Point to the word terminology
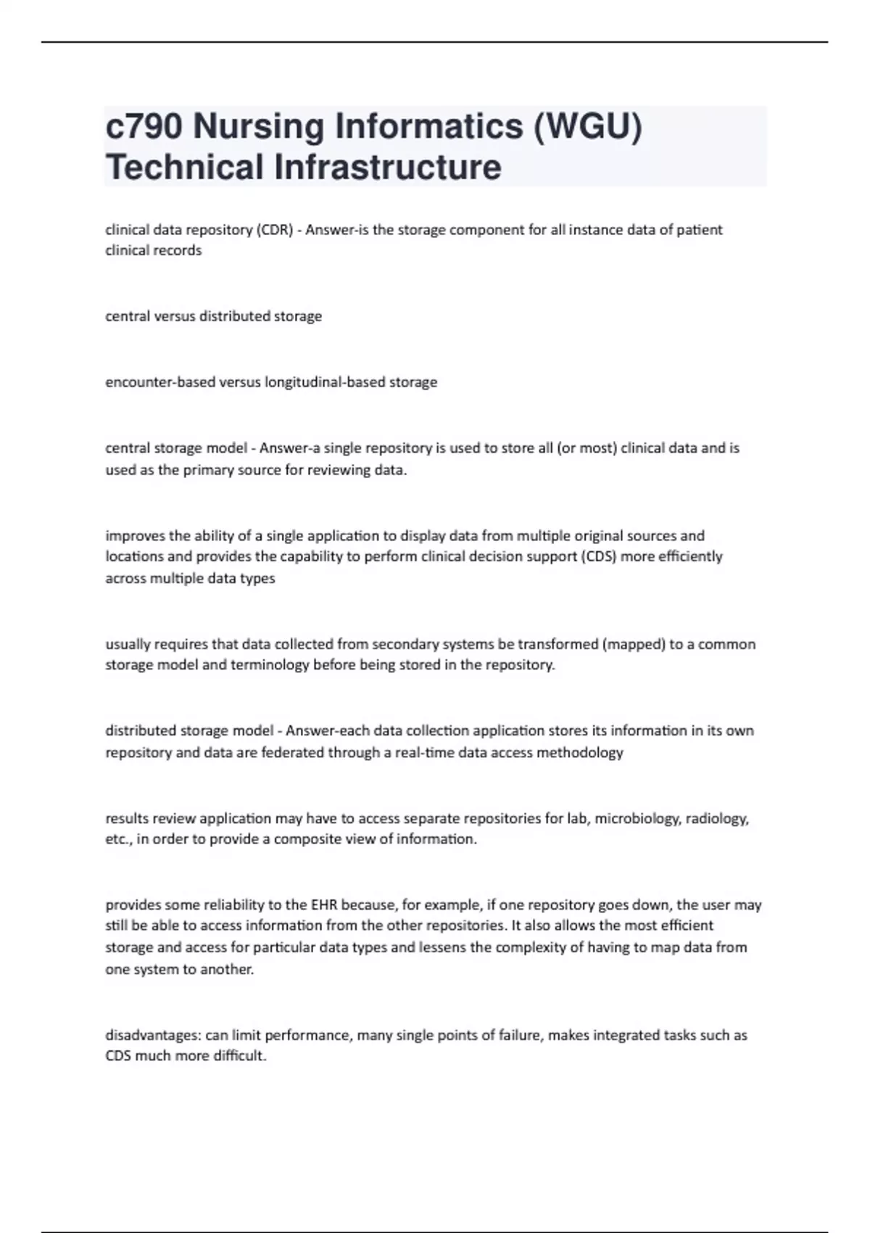(270, 665)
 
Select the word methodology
(581, 753)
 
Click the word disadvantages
(153, 1036)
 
